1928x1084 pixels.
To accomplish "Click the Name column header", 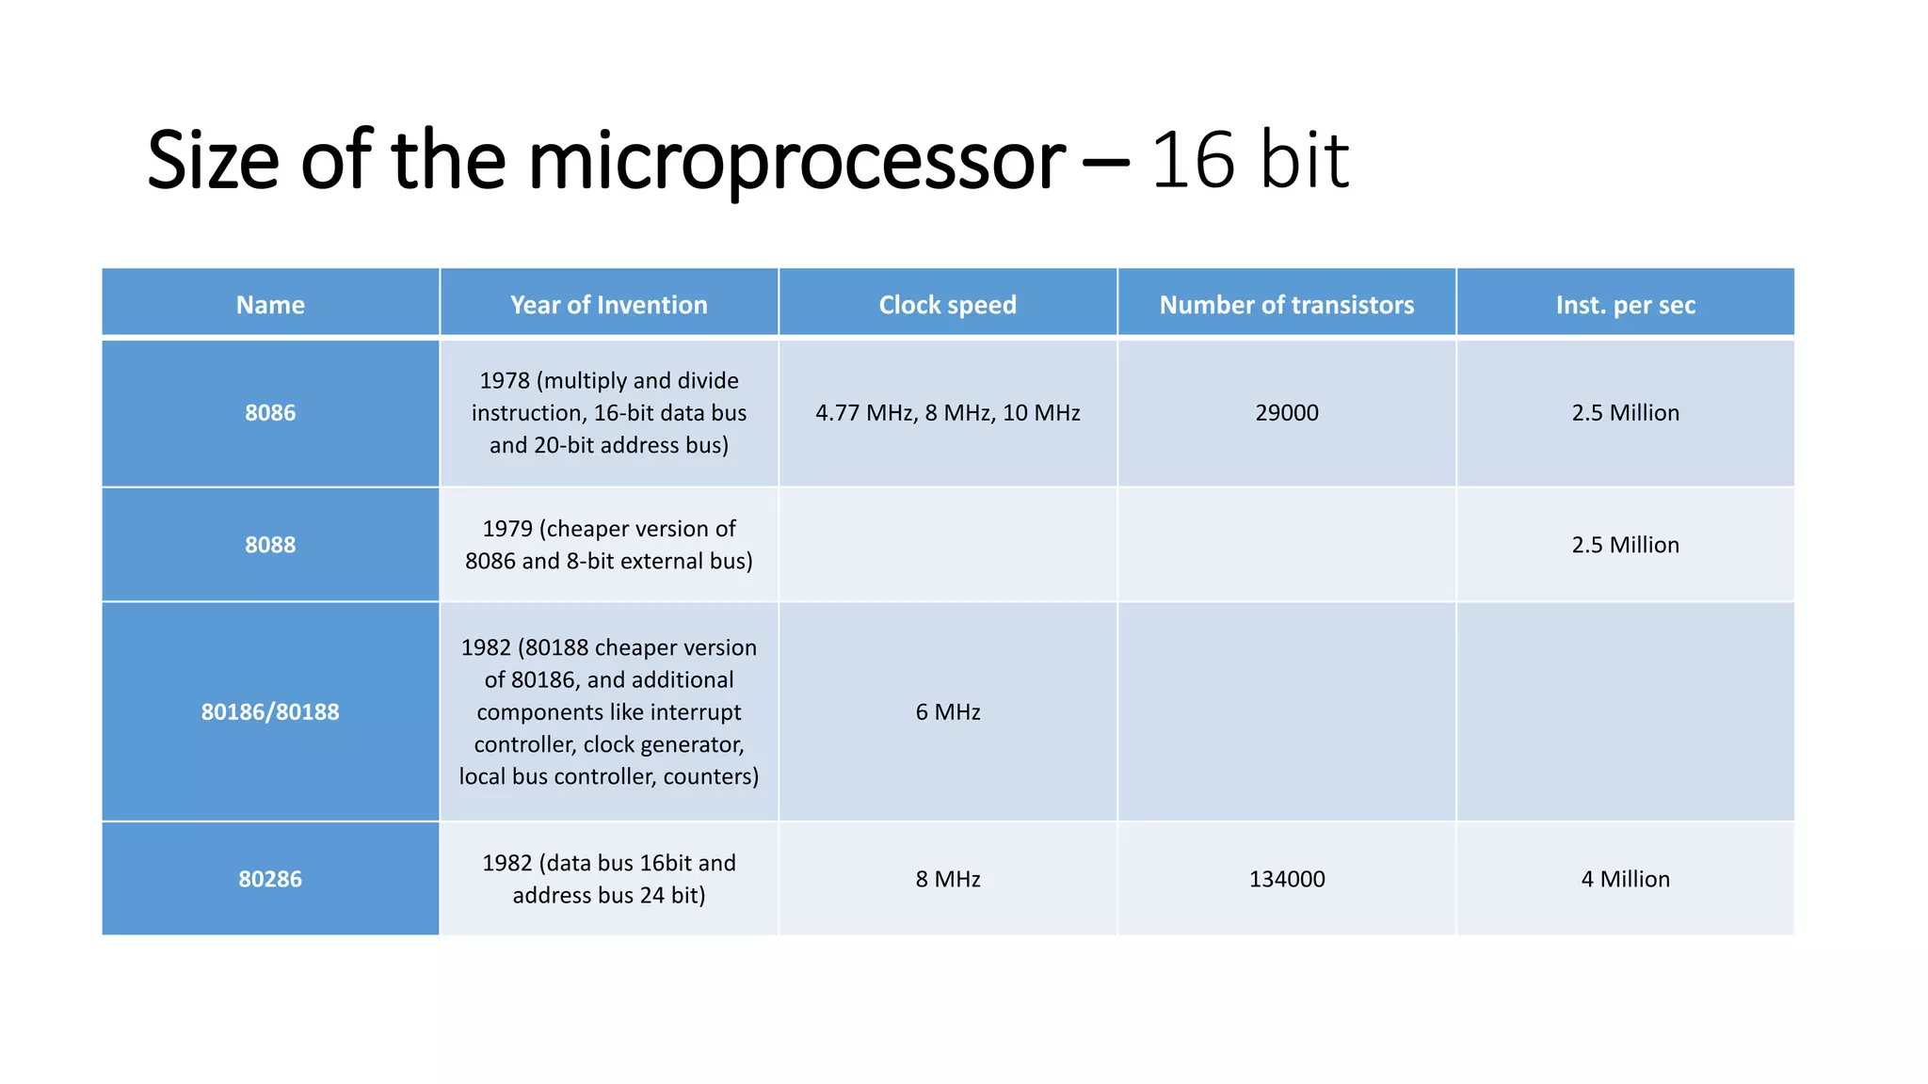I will [270, 305].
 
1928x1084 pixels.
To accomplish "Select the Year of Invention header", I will [608, 305].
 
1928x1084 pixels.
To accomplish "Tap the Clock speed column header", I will [947, 305].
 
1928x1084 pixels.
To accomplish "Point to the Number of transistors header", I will [1286, 305].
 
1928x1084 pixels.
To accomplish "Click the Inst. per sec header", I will [1625, 305].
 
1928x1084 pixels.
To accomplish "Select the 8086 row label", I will [270, 413].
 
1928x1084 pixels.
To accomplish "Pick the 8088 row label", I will [270, 545].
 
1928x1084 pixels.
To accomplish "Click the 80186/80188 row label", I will [270, 712].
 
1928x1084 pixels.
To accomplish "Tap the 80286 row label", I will [270, 879].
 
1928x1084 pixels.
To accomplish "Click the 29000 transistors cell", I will [1286, 413].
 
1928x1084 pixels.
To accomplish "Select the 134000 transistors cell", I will [1286, 879].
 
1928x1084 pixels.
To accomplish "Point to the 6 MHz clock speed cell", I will [947, 712].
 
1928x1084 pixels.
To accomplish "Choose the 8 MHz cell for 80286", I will [947, 879].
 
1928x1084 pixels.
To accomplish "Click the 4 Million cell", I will [1625, 879].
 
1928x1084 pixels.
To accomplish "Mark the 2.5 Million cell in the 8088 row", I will [1625, 545].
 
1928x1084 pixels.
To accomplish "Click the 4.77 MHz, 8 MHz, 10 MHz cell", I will [947, 413].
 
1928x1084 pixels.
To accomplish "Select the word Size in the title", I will [213, 160].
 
